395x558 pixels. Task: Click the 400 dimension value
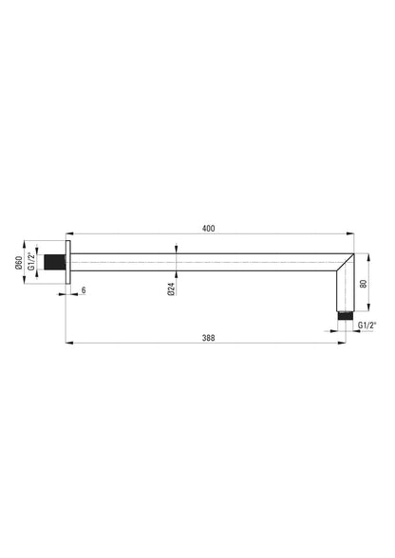click(208, 229)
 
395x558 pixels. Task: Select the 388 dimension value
click(208, 338)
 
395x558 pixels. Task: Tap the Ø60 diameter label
click(19, 263)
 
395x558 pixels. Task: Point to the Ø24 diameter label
click(171, 288)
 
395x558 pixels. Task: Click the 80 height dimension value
click(364, 284)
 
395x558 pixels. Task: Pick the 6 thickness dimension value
click(84, 290)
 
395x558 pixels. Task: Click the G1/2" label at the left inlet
click(31, 262)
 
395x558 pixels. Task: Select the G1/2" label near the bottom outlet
click(367, 325)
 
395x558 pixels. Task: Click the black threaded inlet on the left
click(54, 262)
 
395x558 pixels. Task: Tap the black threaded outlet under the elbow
click(345, 316)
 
